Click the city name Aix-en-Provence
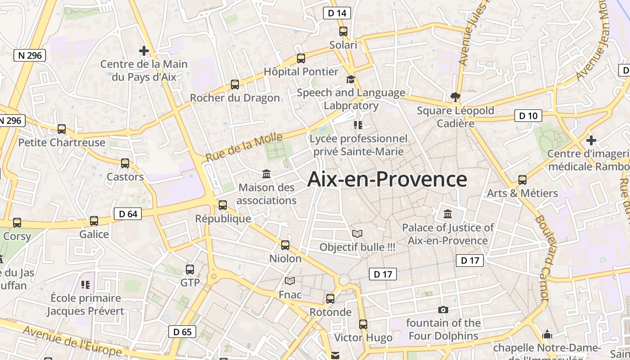point(387,179)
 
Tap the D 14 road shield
point(337,13)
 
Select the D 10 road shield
point(528,116)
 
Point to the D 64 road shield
point(128,214)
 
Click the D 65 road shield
point(182,332)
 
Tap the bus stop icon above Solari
point(343,31)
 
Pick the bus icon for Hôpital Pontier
point(301,58)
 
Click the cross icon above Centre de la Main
point(144,51)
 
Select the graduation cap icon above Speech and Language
point(351,80)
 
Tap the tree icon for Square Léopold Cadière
point(455,97)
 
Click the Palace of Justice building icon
point(448,214)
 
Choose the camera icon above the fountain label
point(443,310)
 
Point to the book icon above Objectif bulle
point(357,234)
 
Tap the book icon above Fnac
point(290,281)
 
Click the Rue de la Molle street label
point(244,147)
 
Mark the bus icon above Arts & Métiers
point(522,180)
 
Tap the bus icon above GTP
point(190,270)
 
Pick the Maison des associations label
point(266,194)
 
